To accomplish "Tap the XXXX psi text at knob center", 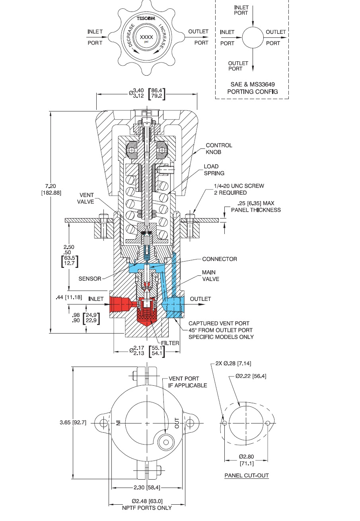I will (144, 38).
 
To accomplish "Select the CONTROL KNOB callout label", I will (219, 148).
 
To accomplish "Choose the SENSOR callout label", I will (90, 279).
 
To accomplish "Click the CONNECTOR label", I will (220, 259).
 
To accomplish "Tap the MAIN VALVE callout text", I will (210, 276).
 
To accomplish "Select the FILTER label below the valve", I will (171, 343).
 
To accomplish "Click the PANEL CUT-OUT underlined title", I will (247, 475).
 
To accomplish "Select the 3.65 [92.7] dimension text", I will (73, 423).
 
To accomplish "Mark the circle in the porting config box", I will (253, 38).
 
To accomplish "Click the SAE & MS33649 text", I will (252, 85).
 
